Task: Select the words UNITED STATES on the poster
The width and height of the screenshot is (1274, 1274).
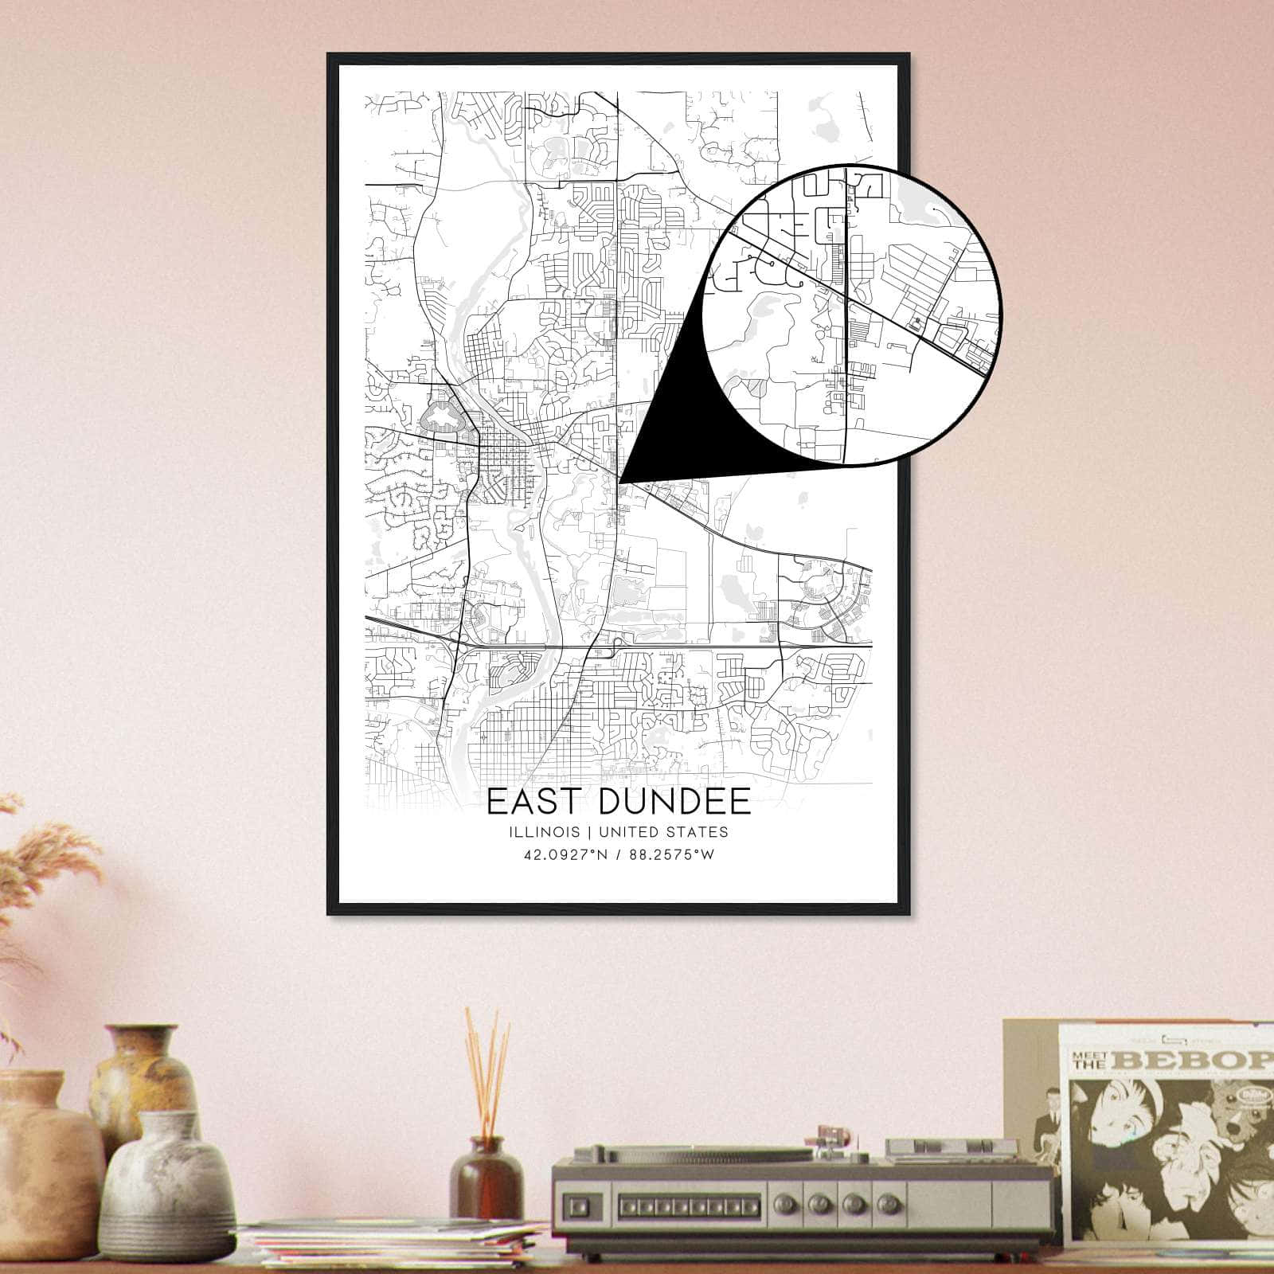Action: [663, 832]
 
